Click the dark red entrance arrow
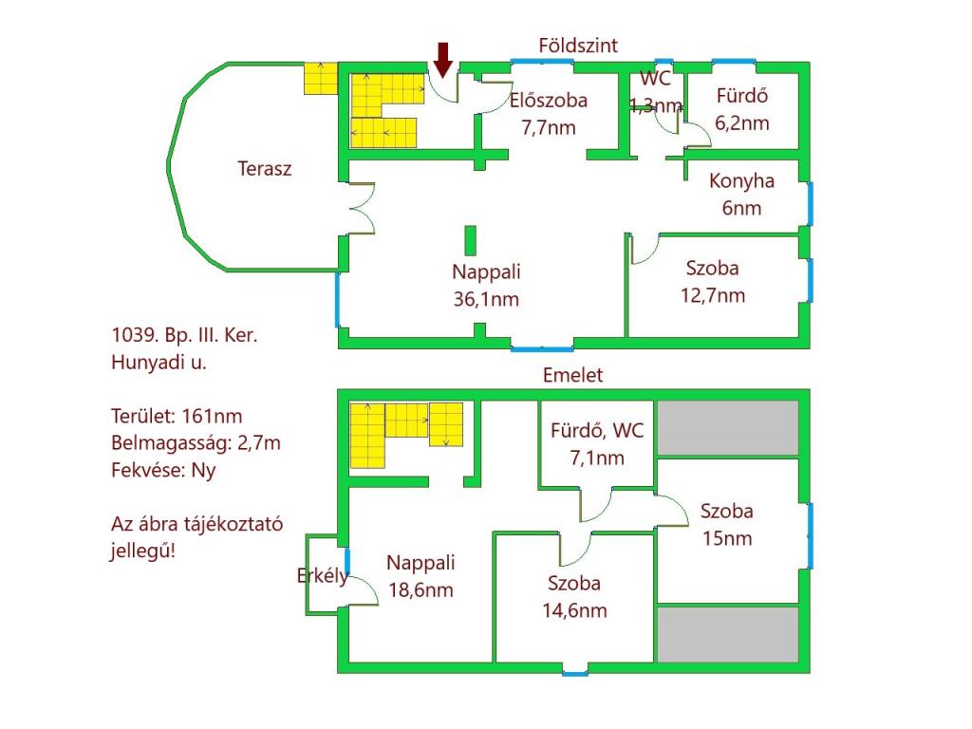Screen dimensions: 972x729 (x=442, y=60)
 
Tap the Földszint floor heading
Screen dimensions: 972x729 (x=578, y=46)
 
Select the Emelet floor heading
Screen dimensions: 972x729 (x=572, y=375)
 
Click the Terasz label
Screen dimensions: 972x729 (x=264, y=169)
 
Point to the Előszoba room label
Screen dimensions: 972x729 (x=548, y=101)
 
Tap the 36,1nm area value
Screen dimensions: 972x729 (x=486, y=299)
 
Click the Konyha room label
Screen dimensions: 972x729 (x=741, y=181)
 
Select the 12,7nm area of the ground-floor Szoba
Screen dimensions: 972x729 (x=712, y=296)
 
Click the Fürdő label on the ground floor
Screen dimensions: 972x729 (x=742, y=96)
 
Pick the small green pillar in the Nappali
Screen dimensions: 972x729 (x=471, y=240)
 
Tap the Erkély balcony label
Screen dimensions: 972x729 (x=323, y=576)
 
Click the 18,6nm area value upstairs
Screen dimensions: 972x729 (x=421, y=589)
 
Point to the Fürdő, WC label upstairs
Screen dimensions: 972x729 (x=597, y=431)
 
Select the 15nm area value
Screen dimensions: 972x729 (x=726, y=538)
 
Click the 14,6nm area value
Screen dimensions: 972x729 (x=574, y=610)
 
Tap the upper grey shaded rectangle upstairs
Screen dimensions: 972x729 (x=727, y=428)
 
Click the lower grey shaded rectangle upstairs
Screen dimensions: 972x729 (x=727, y=634)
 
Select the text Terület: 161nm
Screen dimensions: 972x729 (x=177, y=416)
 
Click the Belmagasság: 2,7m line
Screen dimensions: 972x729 (x=196, y=443)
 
